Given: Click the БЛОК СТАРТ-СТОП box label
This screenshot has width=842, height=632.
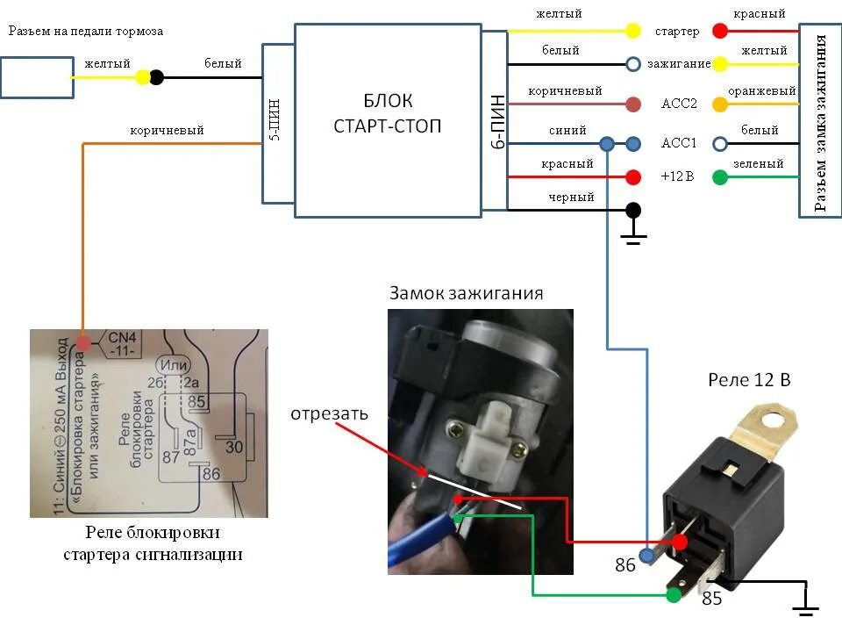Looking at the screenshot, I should pyautogui.click(x=388, y=114).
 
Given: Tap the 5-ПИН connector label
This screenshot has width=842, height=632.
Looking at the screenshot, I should pyautogui.click(x=275, y=124).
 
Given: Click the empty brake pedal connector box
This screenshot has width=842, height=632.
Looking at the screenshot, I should pyautogui.click(x=37, y=77).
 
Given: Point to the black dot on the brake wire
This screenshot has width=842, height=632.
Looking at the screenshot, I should pyautogui.click(x=157, y=77).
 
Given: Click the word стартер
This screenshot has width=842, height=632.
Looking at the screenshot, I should pyautogui.click(x=677, y=32).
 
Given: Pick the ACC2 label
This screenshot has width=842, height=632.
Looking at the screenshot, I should pyautogui.click(x=678, y=104).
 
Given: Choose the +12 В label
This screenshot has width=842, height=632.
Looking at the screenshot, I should pyautogui.click(x=677, y=176).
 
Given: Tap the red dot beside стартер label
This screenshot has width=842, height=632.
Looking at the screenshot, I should pyautogui.click(x=720, y=32).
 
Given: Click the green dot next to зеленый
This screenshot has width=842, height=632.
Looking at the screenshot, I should pyautogui.click(x=720, y=177).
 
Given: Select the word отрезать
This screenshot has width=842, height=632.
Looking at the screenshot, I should pyautogui.click(x=330, y=413).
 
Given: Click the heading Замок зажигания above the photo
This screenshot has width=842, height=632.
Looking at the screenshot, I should pyautogui.click(x=467, y=293).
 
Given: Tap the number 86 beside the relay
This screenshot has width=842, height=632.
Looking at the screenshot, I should pyautogui.click(x=624, y=566).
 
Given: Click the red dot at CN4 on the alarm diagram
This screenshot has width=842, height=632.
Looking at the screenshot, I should pyautogui.click(x=83, y=341).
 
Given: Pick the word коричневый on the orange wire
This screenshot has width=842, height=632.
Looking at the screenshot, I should pyautogui.click(x=167, y=130).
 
